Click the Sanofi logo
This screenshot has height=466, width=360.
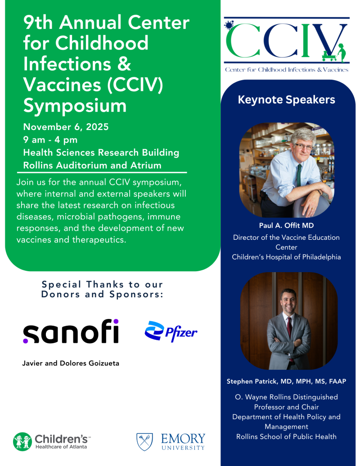pyautogui.click(x=71, y=332)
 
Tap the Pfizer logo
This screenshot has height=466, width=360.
pyautogui.click(x=171, y=332)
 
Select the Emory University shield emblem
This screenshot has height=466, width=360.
pyautogui.click(x=144, y=442)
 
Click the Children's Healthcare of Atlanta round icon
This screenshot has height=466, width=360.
pyautogui.click(x=22, y=442)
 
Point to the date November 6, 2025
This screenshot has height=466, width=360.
pyautogui.click(x=66, y=127)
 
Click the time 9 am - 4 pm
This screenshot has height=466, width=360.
pyautogui.click(x=50, y=140)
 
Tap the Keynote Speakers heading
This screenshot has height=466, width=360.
pyautogui.click(x=286, y=99)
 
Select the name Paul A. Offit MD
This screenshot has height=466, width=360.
pyautogui.click(x=286, y=225)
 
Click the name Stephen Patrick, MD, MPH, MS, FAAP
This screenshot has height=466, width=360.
pyautogui.click(x=286, y=381)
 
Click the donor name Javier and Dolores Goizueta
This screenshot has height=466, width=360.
pyautogui.click(x=71, y=363)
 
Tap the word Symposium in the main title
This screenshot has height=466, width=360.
pyautogui.click(x=75, y=106)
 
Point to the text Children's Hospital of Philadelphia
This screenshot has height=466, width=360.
pyautogui.click(x=286, y=257)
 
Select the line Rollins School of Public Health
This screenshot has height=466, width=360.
pyautogui.click(x=286, y=437)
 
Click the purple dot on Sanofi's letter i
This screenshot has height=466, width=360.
pyautogui.click(x=116, y=322)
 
